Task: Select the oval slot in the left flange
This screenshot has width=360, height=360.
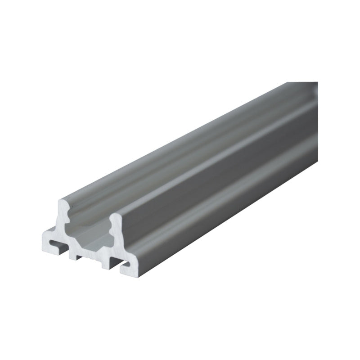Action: [x=57, y=243]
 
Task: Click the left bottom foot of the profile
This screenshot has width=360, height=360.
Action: [x=73, y=256]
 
